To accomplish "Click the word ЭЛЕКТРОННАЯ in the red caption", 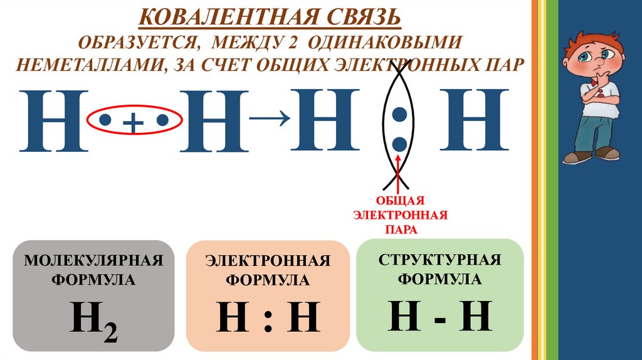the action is [x=400, y=215].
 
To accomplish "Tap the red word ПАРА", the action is [x=400, y=230].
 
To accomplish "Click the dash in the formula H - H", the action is [x=439, y=317].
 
